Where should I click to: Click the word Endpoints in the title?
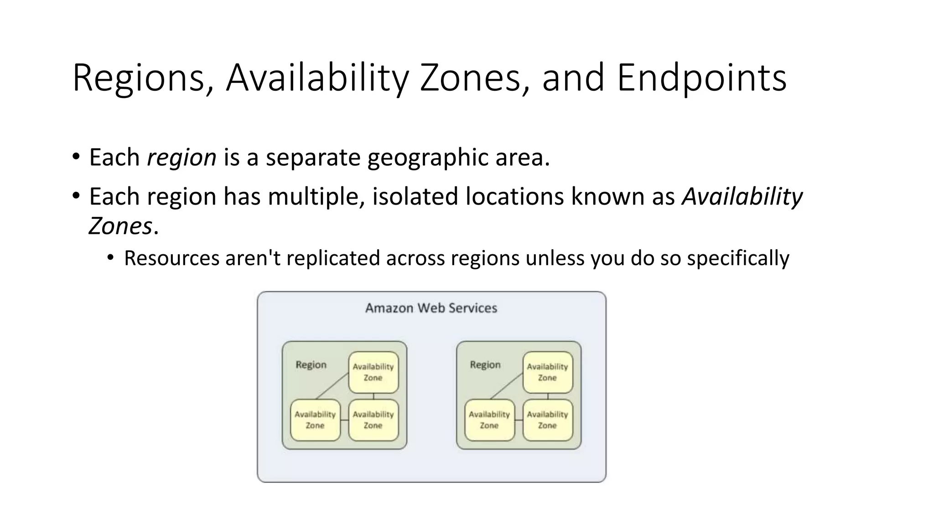click(x=701, y=78)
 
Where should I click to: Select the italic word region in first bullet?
click(x=182, y=158)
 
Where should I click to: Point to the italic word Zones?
click(x=120, y=226)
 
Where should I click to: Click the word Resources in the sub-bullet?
click(x=171, y=258)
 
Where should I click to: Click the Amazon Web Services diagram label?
click(x=431, y=308)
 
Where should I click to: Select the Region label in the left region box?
click(x=311, y=365)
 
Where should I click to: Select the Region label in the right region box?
click(x=485, y=365)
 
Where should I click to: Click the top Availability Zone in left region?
click(x=373, y=372)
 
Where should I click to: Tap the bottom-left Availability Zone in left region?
click(x=315, y=420)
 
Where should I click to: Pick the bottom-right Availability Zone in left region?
click(x=373, y=420)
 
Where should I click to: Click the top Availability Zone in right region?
click(x=547, y=372)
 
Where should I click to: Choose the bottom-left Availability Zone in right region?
click(x=489, y=420)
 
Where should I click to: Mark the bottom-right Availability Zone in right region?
click(x=547, y=420)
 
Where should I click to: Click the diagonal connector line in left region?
click(x=332, y=386)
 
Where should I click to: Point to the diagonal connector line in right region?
click(x=506, y=386)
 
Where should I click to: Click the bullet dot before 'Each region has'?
click(x=76, y=196)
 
